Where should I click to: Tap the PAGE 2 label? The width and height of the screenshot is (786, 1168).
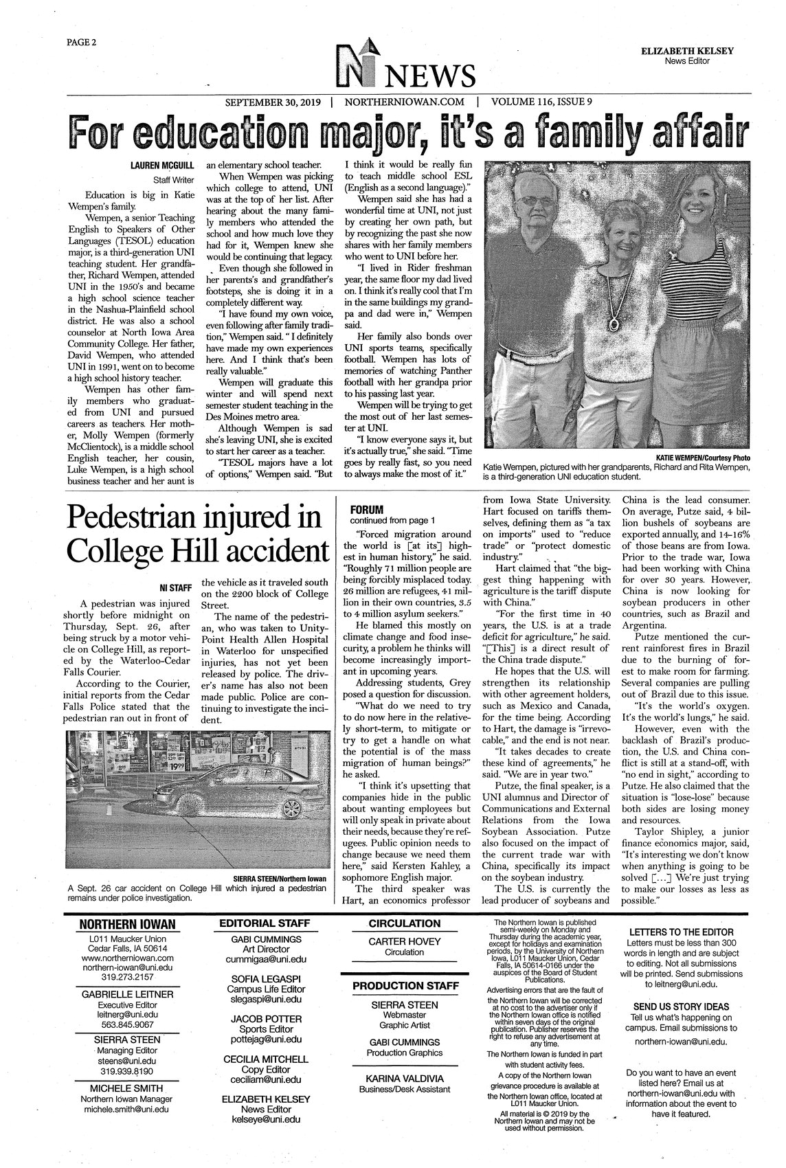pos(81,42)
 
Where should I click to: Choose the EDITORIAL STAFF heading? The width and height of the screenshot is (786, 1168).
pos(265,923)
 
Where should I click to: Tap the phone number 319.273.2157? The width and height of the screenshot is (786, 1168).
pos(127,976)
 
